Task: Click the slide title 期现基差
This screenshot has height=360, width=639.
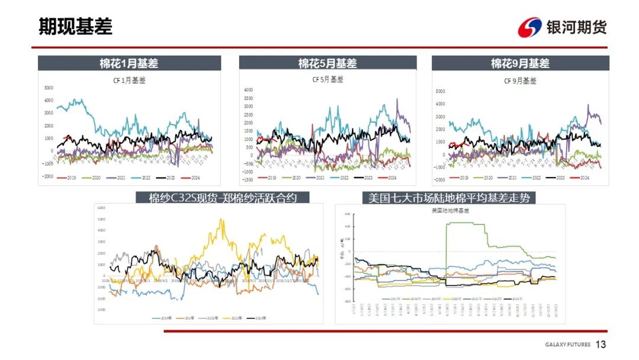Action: point(75,26)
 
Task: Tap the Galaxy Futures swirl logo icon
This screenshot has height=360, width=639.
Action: point(530,27)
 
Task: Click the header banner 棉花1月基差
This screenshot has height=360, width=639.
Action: point(129,63)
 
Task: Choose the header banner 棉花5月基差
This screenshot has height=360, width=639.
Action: point(327,63)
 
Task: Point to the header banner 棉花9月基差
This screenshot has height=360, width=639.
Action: point(520,63)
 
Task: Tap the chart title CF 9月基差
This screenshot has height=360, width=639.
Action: point(520,81)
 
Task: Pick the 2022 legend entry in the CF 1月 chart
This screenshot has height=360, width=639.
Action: point(151,177)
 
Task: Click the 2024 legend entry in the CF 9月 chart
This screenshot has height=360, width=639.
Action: point(582,178)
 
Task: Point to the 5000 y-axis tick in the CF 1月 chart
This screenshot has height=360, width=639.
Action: point(49,88)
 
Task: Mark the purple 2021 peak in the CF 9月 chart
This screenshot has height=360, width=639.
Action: point(588,105)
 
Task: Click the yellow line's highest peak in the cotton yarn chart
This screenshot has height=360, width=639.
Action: point(221,220)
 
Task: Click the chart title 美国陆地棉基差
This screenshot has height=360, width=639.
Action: point(450,210)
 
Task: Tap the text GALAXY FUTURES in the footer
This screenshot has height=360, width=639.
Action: point(567,345)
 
